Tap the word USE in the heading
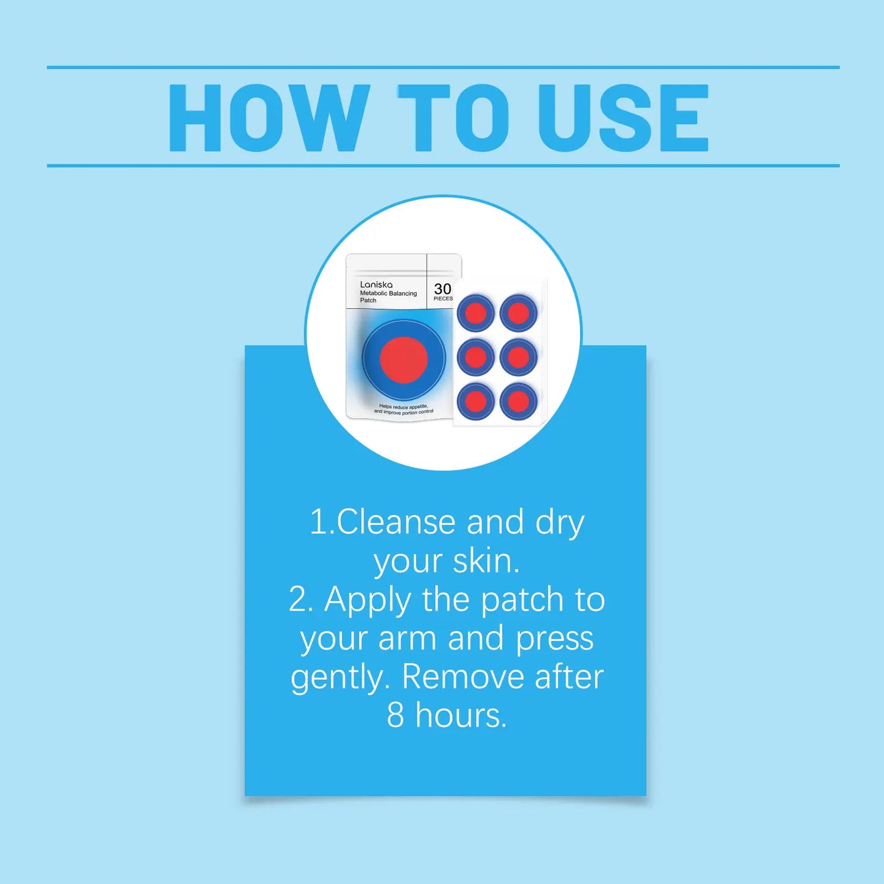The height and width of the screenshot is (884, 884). [623, 118]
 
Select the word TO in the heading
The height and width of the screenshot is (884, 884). [453, 118]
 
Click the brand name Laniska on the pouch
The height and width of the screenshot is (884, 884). [376, 284]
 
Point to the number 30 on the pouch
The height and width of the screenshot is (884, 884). [443, 289]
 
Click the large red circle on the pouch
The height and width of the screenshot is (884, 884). [404, 359]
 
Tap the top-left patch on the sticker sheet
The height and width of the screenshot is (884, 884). [476, 313]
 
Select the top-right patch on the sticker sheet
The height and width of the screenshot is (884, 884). [519, 313]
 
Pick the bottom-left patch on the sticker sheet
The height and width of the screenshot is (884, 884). [476, 401]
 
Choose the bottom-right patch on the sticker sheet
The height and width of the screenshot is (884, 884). [519, 401]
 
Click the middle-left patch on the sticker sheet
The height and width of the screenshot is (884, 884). [476, 357]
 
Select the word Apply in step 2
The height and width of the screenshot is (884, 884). [368, 601]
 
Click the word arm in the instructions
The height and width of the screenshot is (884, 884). [407, 639]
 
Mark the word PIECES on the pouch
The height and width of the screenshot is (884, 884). [443, 299]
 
